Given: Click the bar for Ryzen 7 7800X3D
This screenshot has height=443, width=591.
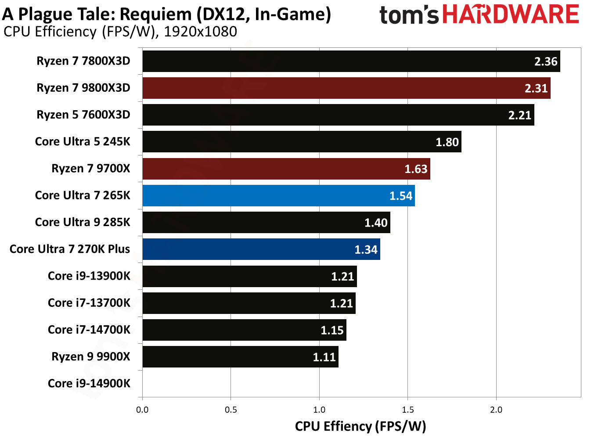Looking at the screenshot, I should (x=351, y=61).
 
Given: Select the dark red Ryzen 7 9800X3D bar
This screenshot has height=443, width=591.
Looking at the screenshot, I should (x=346, y=88).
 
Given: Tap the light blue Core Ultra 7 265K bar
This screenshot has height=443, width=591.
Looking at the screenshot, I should (x=278, y=195).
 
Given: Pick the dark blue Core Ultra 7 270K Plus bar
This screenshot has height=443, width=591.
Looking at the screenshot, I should (x=261, y=249).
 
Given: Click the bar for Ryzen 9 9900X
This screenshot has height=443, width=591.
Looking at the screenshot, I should (x=240, y=357).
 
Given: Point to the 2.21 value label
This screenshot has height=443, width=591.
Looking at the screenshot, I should (x=520, y=115).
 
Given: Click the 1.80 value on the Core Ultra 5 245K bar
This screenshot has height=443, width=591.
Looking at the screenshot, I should (x=447, y=142).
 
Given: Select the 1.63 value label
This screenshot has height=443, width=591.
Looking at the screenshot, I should (x=416, y=169).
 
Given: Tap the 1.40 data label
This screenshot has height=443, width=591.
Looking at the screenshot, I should (x=376, y=223).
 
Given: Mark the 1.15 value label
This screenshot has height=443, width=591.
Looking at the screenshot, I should (x=332, y=330).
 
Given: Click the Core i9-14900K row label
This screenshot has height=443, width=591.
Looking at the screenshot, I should (x=89, y=383).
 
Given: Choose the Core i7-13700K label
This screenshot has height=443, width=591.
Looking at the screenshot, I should (x=89, y=303).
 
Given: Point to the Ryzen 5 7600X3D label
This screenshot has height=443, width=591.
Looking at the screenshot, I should (x=83, y=115).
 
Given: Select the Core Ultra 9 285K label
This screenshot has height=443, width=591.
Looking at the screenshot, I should (x=83, y=222).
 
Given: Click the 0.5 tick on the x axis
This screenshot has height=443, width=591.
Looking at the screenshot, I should (x=231, y=410).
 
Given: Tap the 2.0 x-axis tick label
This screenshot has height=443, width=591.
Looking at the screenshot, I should (x=496, y=410).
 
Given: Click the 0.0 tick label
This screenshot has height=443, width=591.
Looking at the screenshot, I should (x=142, y=410).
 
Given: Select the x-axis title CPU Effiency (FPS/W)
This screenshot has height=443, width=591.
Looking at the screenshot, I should (x=360, y=426).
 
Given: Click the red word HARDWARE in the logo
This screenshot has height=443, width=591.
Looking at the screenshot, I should (x=510, y=14).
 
